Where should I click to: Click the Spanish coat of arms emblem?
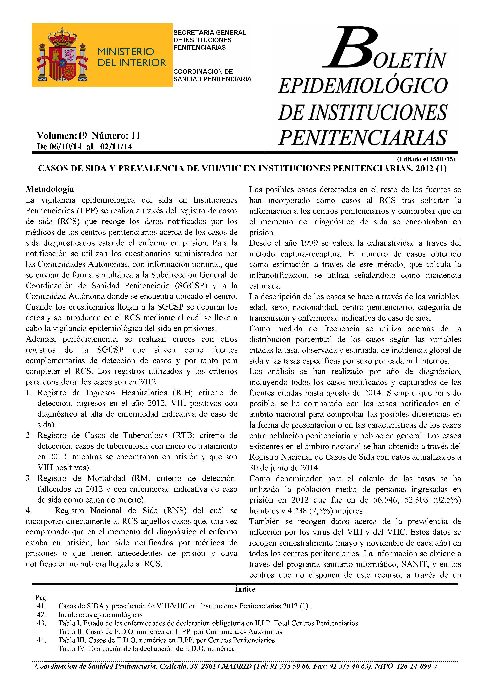tap(63, 55)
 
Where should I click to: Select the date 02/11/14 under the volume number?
tap(116, 147)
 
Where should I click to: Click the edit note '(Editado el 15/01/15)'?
tap(426, 159)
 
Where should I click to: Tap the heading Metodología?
tap(50, 189)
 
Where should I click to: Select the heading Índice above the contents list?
tap(245, 589)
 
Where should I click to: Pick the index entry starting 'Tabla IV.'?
tap(146, 649)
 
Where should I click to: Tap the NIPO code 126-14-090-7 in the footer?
tap(417, 666)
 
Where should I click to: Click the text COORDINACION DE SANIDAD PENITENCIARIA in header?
tap(212, 75)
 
